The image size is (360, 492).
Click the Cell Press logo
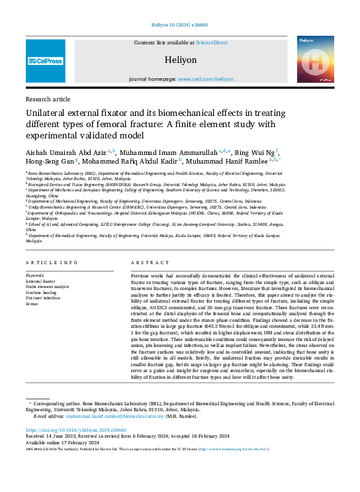point(46,61)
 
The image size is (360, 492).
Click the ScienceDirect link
point(211,42)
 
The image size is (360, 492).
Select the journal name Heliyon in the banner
point(181,60)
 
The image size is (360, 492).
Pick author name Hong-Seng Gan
point(47,161)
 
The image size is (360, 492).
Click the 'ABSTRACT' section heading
point(146,262)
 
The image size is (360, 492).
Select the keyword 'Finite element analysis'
point(48,286)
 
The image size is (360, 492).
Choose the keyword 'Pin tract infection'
point(44,297)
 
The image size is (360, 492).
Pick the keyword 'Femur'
point(33,302)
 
